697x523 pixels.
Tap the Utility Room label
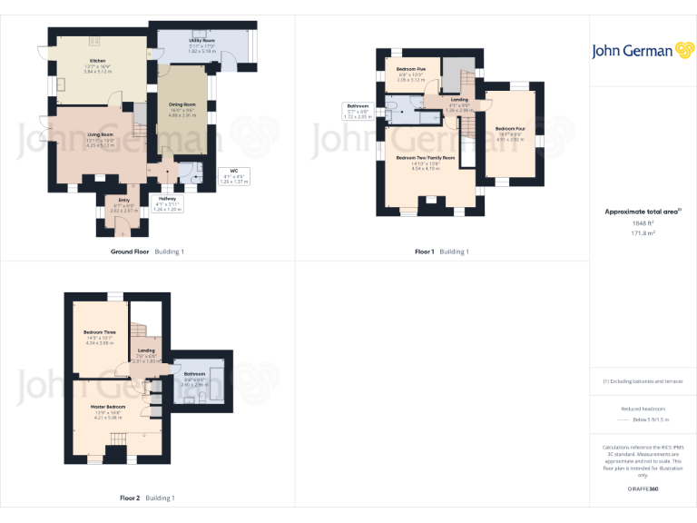point(201,42)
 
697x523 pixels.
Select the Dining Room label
point(182,104)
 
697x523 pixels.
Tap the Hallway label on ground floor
point(168,199)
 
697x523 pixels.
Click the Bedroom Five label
point(411,69)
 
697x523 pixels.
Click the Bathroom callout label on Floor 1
point(358,105)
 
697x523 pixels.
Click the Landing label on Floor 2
point(146,350)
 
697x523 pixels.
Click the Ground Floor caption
point(130,252)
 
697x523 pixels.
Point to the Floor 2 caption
point(130,498)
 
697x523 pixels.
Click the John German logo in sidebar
point(643,51)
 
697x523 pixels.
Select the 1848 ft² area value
point(643,222)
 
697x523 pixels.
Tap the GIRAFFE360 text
point(643,489)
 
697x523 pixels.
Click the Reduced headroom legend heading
point(643,410)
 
